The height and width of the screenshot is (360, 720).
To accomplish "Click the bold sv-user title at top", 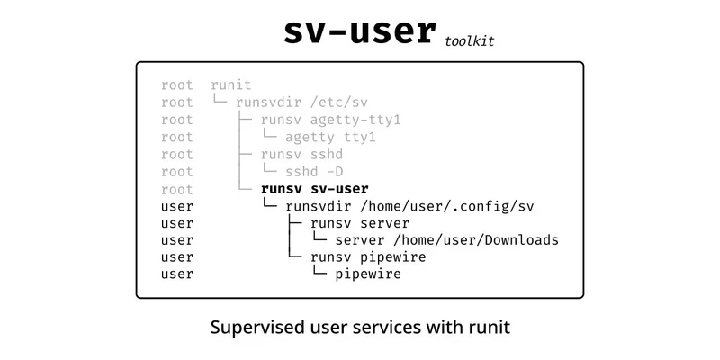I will coord(359,31).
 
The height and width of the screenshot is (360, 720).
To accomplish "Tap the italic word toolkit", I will coord(469,40).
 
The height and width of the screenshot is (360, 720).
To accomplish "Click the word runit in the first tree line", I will coord(231,85).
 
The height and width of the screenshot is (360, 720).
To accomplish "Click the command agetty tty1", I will coord(330,137).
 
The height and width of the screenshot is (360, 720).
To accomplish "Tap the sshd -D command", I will coord(314,171).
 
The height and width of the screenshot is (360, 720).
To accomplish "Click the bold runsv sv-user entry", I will coord(314,189).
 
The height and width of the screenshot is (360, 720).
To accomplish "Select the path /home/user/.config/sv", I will coord(447,206).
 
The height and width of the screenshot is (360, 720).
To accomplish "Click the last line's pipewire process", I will coord(367,274).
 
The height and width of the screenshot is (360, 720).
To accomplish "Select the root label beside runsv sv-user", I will coord(177,189).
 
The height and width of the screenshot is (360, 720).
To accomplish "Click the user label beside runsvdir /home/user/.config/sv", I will coord(177,206).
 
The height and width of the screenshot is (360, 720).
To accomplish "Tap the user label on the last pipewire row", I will coord(177,274).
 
